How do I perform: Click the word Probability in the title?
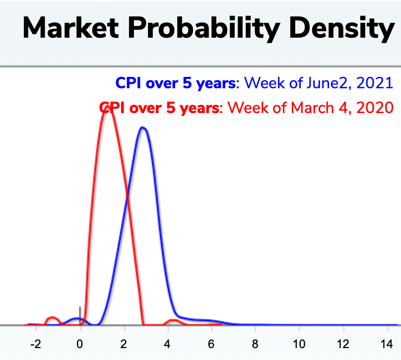click(x=204, y=29)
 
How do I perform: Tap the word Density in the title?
click(x=342, y=29)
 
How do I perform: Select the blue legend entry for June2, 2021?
click(x=254, y=83)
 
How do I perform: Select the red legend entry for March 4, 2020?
click(x=246, y=108)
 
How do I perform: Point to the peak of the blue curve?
click(x=143, y=127)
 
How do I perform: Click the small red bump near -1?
click(x=52, y=317)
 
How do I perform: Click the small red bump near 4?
click(x=173, y=320)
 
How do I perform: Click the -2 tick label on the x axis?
click(x=36, y=345)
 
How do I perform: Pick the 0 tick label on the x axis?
click(x=80, y=345)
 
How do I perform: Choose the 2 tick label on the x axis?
click(x=124, y=345)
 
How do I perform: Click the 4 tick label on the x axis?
click(x=167, y=345)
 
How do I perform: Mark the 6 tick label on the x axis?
click(x=211, y=345)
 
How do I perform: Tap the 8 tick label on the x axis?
click(x=255, y=345)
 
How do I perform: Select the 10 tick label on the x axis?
click(x=299, y=345)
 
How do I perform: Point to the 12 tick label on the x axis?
click(x=343, y=345)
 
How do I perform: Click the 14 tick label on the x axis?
click(x=387, y=345)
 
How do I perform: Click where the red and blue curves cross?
click(x=127, y=197)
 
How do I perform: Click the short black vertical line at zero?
click(x=80, y=316)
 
